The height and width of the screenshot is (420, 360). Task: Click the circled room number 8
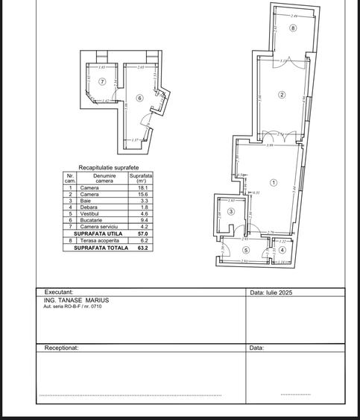(294, 28)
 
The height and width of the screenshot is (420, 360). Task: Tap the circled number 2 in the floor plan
(282, 94)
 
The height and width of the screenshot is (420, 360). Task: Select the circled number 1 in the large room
(274, 182)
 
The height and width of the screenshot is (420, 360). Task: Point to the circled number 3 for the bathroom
(231, 212)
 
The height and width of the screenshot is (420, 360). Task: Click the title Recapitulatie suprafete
(109, 168)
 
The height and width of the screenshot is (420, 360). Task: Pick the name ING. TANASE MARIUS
(77, 301)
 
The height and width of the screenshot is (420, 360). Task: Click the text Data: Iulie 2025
(271, 292)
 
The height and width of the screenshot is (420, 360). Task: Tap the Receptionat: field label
(62, 347)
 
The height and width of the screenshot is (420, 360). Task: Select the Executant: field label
(59, 292)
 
